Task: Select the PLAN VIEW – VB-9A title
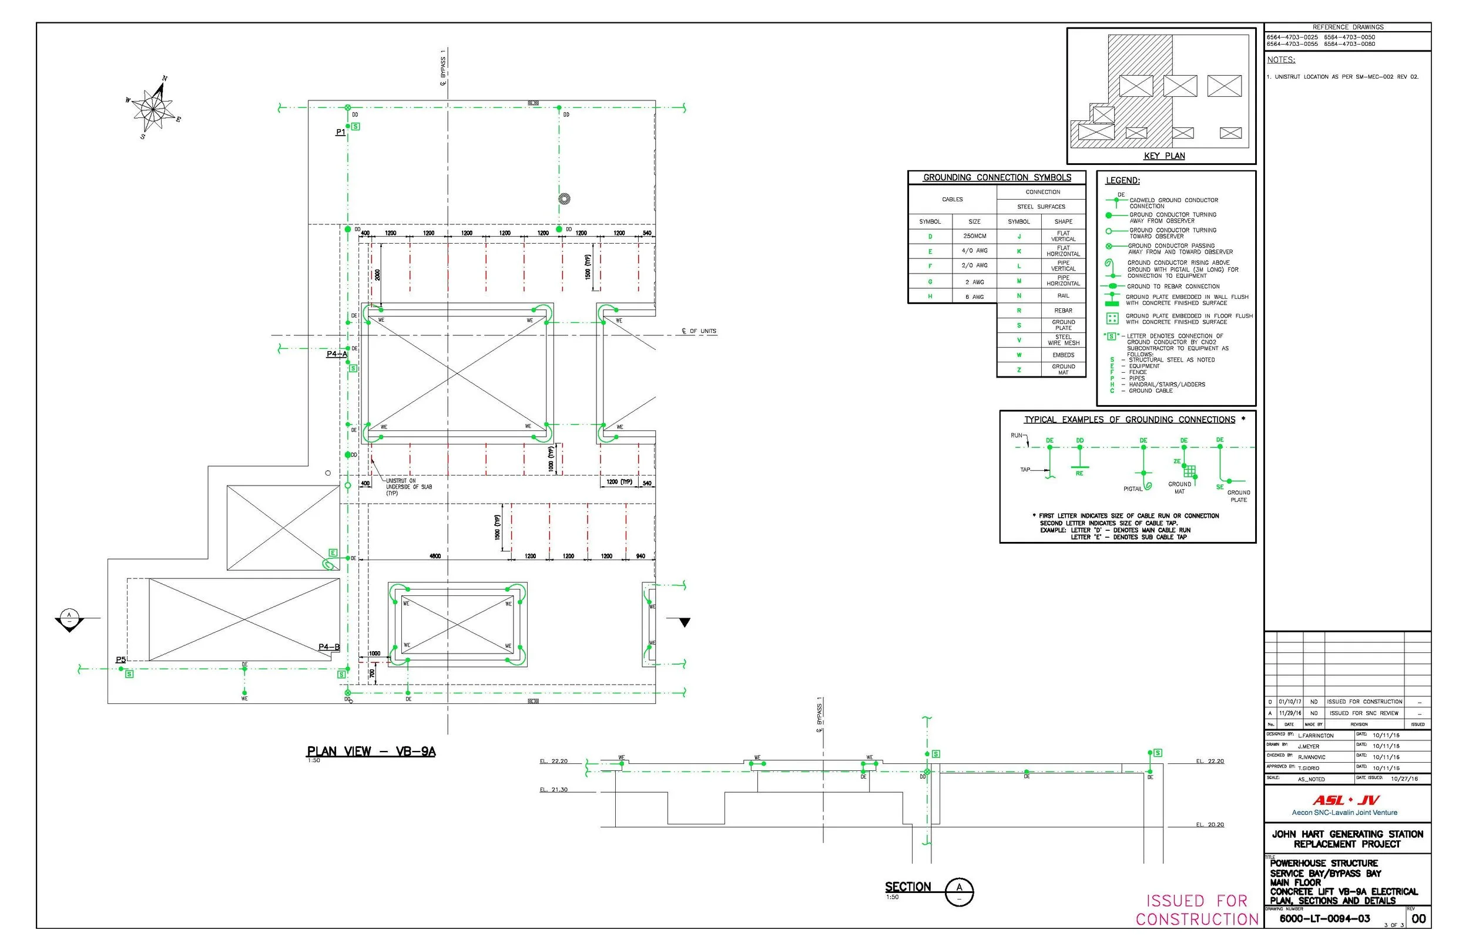pos(371,752)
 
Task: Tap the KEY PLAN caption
pos(1163,156)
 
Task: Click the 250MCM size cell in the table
pos(974,236)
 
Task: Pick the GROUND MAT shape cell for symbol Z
pos(1063,369)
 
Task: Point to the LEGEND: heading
pos(1122,181)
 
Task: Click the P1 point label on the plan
pos(341,132)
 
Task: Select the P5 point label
pos(121,660)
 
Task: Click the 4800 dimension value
pos(435,557)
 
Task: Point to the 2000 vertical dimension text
pos(378,275)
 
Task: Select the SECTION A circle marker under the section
pos(958,892)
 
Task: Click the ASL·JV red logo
pos(1346,801)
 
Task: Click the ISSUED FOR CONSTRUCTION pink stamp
pos(1196,910)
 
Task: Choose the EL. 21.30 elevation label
pos(554,790)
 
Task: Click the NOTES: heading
pos(1281,60)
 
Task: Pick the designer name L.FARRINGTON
pos(1315,735)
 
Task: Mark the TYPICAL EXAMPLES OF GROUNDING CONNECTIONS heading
pos(1129,419)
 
